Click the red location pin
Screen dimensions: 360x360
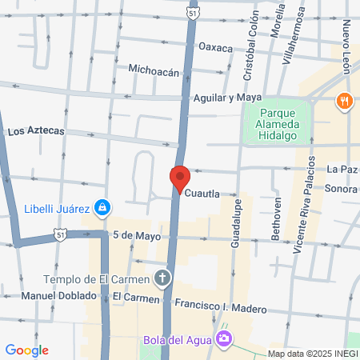[x=179, y=178]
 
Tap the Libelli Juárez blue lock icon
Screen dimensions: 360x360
[x=102, y=209]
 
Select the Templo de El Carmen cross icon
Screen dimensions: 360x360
[x=162, y=279]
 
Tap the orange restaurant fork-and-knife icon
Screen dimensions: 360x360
[x=345, y=101]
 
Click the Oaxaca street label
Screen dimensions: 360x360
[x=216, y=47]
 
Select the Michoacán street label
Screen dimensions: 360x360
[x=154, y=70]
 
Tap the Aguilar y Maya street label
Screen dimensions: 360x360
[x=229, y=98]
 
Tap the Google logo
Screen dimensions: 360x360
[x=26, y=350]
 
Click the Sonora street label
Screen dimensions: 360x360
[x=341, y=189]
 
